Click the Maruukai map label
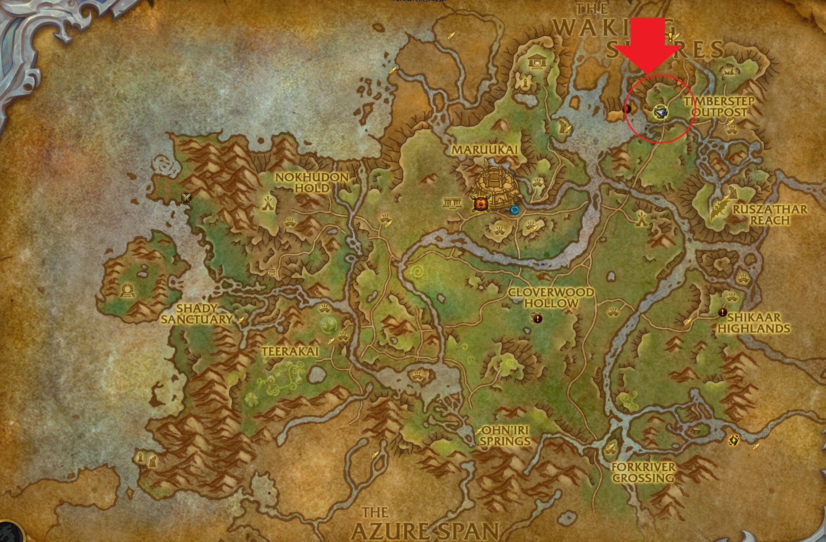[x=484, y=150]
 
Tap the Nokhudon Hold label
[x=311, y=183]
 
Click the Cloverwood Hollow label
[x=551, y=298]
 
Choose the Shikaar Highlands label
[x=753, y=323]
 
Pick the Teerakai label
[x=290, y=351]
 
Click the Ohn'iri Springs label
[x=505, y=436]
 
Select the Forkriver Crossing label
[x=643, y=473]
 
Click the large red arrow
[x=647, y=44]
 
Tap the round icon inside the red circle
[x=660, y=112]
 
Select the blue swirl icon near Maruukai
[x=515, y=210]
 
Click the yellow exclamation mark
[x=670, y=37]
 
